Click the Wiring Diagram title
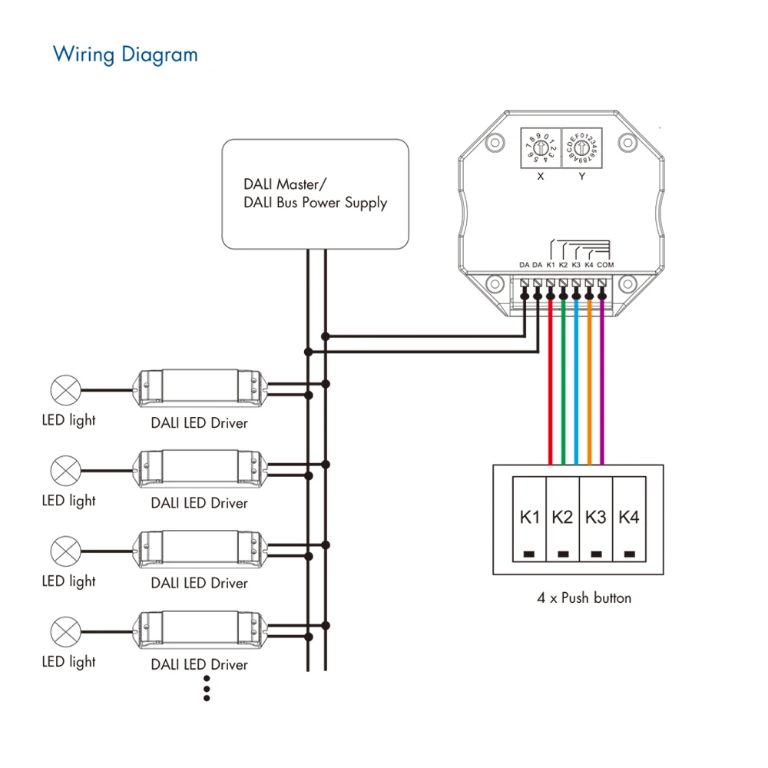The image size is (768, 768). [125, 55]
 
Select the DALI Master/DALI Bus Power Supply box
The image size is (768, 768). [314, 193]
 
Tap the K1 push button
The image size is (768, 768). [529, 525]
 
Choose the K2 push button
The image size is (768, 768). [563, 525]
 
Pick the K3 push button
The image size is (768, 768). [596, 525]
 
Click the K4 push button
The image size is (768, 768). [629, 525]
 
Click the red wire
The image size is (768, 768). [551, 384]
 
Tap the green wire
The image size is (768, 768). [564, 384]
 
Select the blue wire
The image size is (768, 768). [576, 384]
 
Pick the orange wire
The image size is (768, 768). [589, 384]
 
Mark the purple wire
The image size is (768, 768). [602, 384]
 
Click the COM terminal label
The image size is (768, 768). [605, 265]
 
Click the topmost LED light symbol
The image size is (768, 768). [65, 390]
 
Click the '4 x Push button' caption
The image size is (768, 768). [584, 597]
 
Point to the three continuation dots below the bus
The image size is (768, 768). [207, 688]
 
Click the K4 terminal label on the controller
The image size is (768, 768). [589, 265]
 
